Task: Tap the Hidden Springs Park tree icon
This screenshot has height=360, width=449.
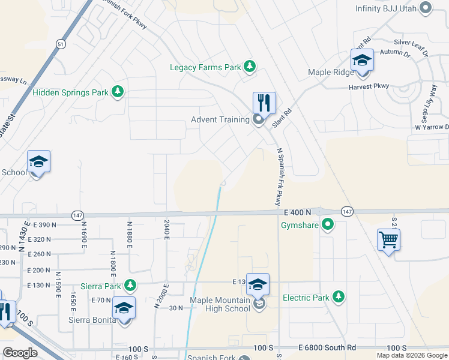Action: [x=118, y=92]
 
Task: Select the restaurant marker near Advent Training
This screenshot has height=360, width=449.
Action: [x=264, y=103]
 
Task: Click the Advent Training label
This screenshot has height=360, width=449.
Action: [x=220, y=119]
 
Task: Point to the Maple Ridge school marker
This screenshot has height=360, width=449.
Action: [x=362, y=61]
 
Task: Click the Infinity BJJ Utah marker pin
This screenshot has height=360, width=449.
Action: [x=426, y=8]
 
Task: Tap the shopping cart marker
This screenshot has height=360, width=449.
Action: [x=388, y=240]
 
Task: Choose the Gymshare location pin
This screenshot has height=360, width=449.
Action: [x=327, y=226]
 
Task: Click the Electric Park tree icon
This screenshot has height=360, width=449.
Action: [x=339, y=297]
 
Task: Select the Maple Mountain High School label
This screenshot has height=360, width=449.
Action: [x=220, y=304]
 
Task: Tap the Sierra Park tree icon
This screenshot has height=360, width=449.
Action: [x=129, y=286]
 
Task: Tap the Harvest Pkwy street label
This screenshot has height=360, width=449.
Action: [x=369, y=86]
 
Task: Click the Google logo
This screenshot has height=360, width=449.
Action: [x=20, y=352]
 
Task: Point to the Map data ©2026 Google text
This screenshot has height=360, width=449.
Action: [x=412, y=355]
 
